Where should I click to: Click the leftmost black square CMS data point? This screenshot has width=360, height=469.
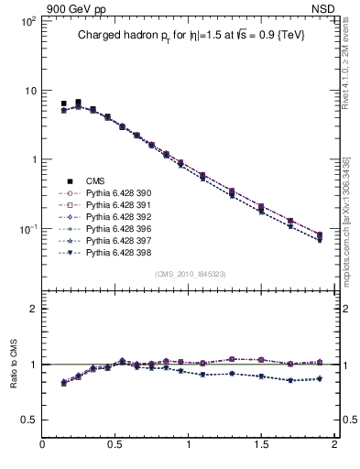[63, 104]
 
